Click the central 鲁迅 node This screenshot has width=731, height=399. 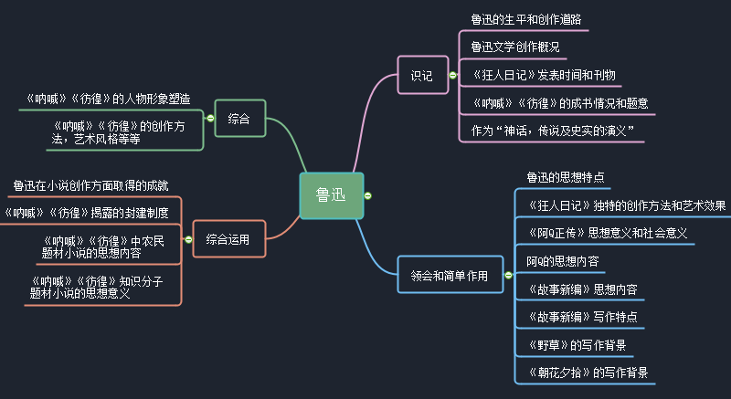tap(331, 195)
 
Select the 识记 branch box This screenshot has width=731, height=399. tap(421, 75)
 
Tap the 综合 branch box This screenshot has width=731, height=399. tap(239, 118)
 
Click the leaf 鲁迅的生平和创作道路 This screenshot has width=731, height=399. tap(525, 18)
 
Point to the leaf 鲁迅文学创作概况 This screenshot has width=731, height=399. tap(514, 46)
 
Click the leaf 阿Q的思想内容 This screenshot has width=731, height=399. tap(562, 261)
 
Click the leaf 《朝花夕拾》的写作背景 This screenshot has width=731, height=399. tap(581, 373)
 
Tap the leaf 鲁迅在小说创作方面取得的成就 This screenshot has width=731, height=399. tap(90, 186)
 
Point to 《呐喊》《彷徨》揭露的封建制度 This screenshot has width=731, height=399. tap(87, 213)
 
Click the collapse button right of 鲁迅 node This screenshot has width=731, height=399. tap(367, 195)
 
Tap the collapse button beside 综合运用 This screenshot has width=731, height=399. tap(187, 240)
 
